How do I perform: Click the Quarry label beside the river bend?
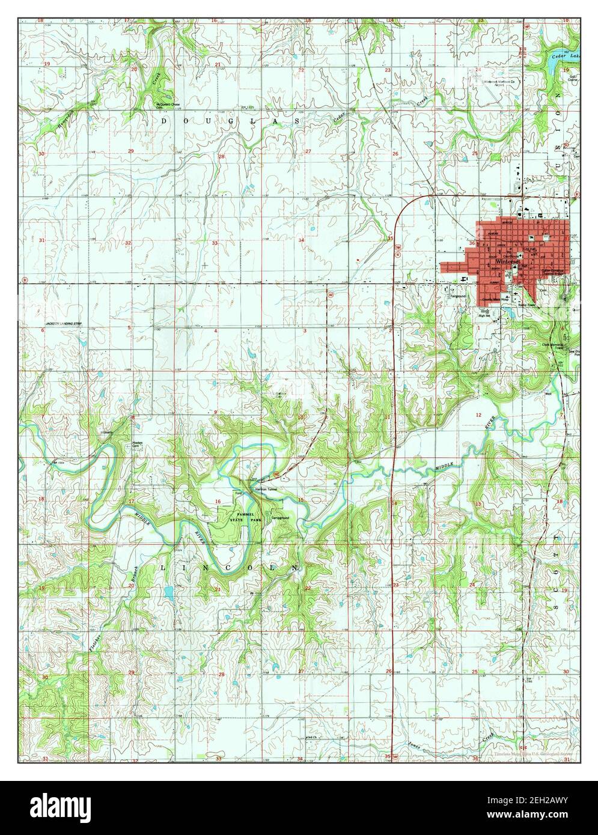click(x=108, y=431)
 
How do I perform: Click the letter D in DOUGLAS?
click(x=163, y=121)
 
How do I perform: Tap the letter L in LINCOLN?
click(x=164, y=567)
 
